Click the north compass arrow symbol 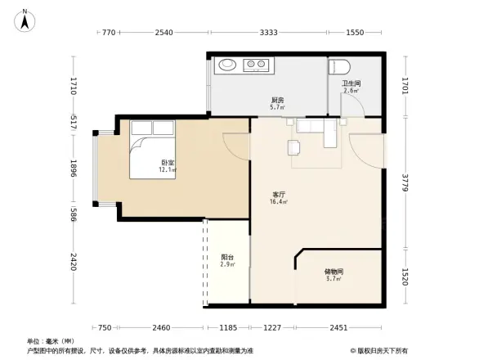25,20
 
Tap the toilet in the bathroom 339,66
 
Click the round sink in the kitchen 227,65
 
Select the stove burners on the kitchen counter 256,65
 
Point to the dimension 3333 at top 269,33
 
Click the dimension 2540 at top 163,33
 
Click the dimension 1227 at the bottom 271,327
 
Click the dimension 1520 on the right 405,277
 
